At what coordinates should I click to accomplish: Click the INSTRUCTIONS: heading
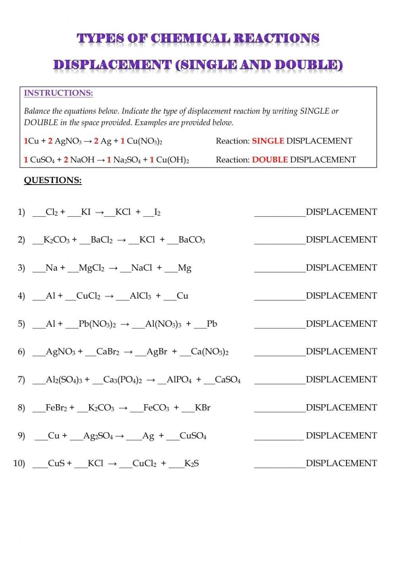58,93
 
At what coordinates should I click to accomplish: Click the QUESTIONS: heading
53,180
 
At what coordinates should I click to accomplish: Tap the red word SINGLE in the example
268,141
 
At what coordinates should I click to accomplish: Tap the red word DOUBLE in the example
270,160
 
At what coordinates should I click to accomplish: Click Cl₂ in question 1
52,212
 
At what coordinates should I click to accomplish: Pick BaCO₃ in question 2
192,240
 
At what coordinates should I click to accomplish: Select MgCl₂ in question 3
91,268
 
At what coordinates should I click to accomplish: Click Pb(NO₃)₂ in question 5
97,324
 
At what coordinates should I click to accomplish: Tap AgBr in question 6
157,352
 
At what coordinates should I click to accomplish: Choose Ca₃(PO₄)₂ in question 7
122,380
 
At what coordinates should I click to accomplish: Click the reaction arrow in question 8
123,408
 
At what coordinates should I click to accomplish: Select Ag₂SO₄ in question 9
98,436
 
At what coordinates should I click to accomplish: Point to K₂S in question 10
191,463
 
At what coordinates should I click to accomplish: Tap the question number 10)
19,463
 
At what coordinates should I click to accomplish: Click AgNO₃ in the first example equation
68,141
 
